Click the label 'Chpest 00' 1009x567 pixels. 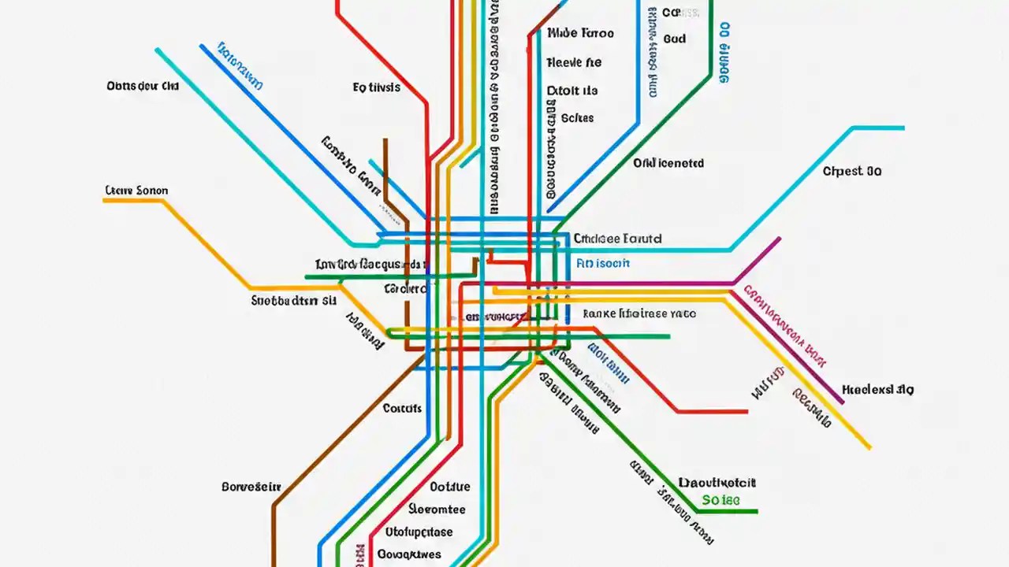coord(852,171)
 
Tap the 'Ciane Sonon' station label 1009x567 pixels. coord(136,191)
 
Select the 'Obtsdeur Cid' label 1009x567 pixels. coord(143,86)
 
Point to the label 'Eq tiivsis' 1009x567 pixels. coord(376,87)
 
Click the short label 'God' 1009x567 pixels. coord(675,39)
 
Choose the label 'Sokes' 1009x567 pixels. coord(578,118)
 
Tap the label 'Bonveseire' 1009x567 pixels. coord(251,487)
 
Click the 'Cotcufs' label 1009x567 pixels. coord(402,408)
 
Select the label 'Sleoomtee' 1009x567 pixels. coord(437,509)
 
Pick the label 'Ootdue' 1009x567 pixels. coord(450,487)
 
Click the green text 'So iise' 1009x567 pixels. coord(720,500)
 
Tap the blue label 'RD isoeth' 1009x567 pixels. coord(603,263)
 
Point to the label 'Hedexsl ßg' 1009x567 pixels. coord(877,389)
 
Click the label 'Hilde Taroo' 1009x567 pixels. coord(580,34)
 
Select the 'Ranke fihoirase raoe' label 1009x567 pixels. coord(639,313)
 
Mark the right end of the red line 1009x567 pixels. coord(747,411)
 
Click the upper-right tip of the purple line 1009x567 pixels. coord(780,238)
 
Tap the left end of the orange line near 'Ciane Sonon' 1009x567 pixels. coord(104,201)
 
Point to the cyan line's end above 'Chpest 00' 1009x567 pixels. coord(903,128)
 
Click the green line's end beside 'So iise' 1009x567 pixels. coord(756,512)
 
